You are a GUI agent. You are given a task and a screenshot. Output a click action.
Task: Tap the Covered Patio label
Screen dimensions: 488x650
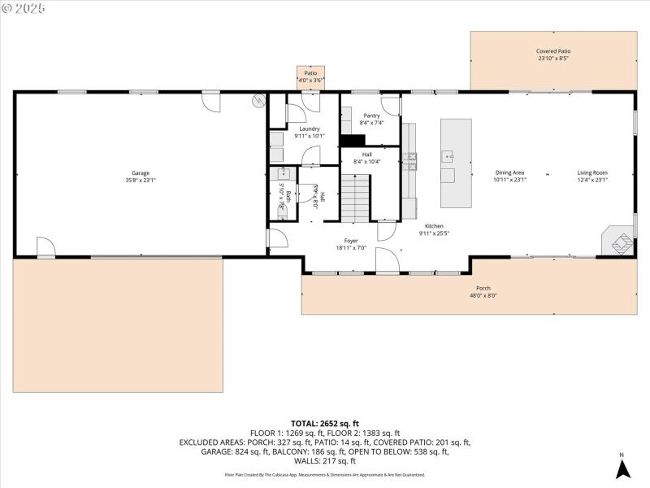click(x=553, y=50)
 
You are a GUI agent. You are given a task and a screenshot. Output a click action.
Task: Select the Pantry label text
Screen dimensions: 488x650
click(x=371, y=115)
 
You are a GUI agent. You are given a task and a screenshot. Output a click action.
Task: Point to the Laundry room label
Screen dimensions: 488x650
click(x=309, y=129)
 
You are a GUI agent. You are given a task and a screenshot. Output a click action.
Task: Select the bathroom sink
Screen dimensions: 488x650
click(x=285, y=173)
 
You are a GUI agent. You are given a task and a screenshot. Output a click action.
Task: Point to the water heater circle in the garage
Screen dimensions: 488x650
click(x=258, y=102)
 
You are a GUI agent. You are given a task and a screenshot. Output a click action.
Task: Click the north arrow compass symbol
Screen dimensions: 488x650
click(x=622, y=467)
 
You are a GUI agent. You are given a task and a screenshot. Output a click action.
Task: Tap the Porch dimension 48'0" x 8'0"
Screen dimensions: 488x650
click(x=483, y=296)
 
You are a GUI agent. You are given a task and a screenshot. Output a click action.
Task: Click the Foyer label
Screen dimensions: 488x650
click(x=351, y=241)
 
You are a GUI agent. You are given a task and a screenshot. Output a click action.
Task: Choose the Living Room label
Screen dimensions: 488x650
click(x=592, y=172)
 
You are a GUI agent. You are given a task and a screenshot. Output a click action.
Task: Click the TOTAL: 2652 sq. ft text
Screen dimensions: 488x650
click(x=325, y=424)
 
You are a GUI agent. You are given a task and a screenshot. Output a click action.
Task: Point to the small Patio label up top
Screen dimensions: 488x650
click(x=310, y=73)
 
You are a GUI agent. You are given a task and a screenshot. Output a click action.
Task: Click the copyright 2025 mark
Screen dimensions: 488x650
click(x=24, y=7)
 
